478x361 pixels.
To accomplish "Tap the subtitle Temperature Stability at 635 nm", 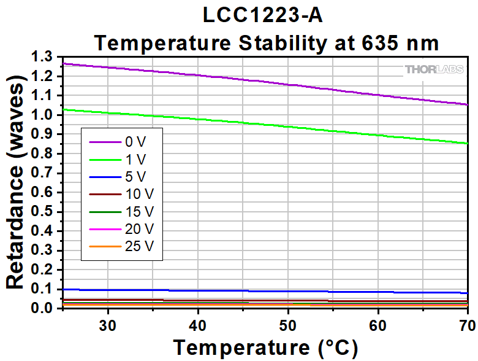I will (x=266, y=43).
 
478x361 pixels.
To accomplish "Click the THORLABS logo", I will (x=433, y=69).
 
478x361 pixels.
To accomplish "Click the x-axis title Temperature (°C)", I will (x=265, y=347).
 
